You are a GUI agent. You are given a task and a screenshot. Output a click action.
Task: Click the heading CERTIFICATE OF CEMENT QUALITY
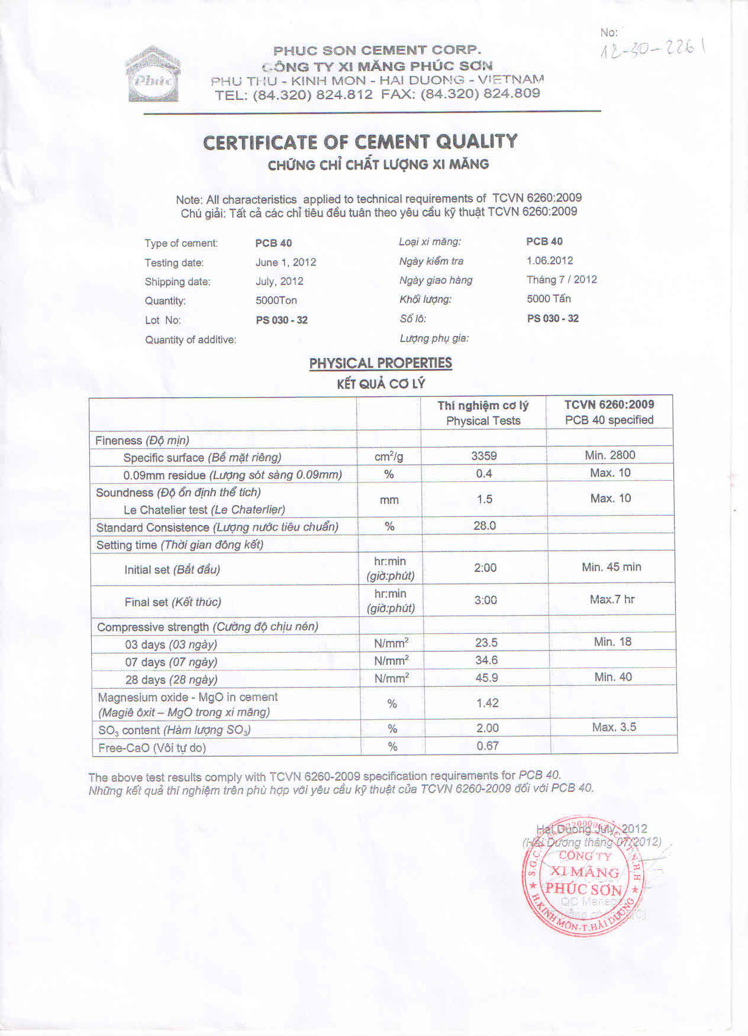(360, 142)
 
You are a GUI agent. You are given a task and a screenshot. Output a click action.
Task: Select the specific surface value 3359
(483, 456)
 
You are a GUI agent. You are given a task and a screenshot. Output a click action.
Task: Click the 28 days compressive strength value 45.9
(486, 678)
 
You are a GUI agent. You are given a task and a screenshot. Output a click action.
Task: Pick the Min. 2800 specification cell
(610, 455)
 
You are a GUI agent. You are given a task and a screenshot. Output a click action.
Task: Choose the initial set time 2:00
(485, 568)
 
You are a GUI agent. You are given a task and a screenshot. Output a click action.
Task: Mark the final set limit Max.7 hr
(612, 600)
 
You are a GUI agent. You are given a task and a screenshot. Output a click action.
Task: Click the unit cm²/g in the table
(389, 457)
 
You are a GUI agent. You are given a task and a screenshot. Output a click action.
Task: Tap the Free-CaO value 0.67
(488, 746)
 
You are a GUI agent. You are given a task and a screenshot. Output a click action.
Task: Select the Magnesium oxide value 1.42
(487, 703)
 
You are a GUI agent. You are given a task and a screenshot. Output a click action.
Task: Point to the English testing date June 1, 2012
(286, 262)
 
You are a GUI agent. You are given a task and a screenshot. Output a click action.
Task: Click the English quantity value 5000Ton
(276, 300)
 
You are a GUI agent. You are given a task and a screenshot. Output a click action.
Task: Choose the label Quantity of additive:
(191, 339)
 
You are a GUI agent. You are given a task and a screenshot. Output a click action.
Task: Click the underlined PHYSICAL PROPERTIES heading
(381, 363)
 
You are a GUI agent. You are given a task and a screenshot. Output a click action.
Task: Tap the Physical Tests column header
(483, 421)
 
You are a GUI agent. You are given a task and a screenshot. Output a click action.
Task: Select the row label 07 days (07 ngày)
(170, 662)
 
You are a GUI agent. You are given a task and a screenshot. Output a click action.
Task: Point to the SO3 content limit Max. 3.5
(614, 727)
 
